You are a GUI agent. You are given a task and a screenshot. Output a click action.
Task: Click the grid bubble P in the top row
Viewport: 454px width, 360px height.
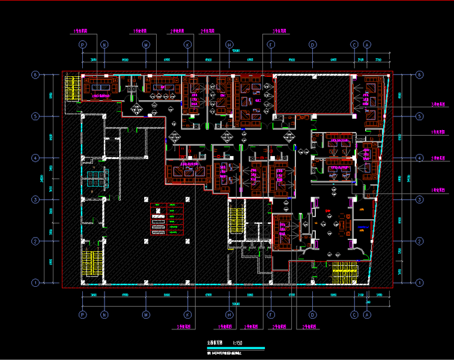point(83,44)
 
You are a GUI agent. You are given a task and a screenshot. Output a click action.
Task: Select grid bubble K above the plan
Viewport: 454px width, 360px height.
point(187,44)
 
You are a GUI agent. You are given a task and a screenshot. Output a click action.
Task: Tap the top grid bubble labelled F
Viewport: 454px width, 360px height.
point(271,44)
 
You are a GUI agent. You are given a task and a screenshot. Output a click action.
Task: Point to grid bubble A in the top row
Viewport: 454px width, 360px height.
point(367,44)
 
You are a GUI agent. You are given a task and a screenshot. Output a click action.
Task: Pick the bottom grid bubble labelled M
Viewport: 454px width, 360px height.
point(145,314)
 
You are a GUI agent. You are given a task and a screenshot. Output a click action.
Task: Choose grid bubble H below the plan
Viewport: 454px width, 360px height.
point(229,314)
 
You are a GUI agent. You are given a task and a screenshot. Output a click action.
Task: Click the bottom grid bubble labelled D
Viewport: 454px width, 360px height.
point(312,314)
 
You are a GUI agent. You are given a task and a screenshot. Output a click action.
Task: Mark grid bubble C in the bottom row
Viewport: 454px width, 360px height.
point(354,314)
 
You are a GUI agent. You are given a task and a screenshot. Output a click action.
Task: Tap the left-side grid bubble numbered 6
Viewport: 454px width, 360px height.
point(35,75)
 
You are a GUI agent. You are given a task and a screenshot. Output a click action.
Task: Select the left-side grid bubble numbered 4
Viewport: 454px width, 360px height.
point(35,158)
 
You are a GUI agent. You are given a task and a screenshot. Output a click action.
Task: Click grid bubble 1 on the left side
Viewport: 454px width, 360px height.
point(35,282)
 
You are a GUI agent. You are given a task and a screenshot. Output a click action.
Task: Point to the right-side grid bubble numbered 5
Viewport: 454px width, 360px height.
point(419,116)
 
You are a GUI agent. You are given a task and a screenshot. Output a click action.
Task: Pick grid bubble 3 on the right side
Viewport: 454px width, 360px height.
point(419,199)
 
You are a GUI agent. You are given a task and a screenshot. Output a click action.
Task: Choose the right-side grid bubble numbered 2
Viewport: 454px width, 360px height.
point(419,241)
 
